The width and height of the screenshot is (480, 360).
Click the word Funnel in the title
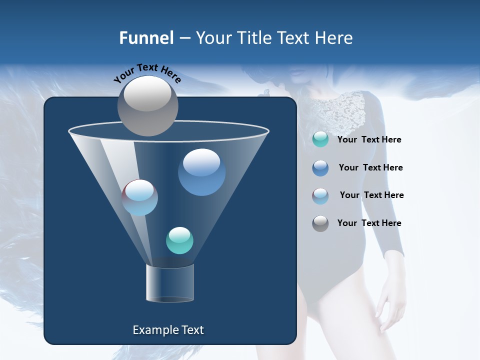coord(146,38)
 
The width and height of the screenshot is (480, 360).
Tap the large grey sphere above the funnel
coord(147,105)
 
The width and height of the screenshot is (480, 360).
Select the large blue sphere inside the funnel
coord(201,172)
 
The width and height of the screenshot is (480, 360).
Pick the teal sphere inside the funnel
coord(179,240)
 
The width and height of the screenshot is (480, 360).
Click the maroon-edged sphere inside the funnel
coord(140,197)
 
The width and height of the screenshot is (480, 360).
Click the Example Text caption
coord(168,330)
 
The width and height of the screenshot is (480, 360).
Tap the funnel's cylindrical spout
coord(169,283)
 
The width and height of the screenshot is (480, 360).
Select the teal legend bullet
coord(320,139)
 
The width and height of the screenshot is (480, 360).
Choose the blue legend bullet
coord(320,168)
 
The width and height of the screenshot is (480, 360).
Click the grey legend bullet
coord(320,223)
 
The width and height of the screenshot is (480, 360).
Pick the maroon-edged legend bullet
coord(320,196)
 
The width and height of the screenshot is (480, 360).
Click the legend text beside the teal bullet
coord(369,140)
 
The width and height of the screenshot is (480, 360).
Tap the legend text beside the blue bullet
coord(370,168)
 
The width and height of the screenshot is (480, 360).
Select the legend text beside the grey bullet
coord(369,223)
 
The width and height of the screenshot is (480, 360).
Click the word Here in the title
coord(334,38)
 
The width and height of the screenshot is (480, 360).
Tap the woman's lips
coord(297,73)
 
